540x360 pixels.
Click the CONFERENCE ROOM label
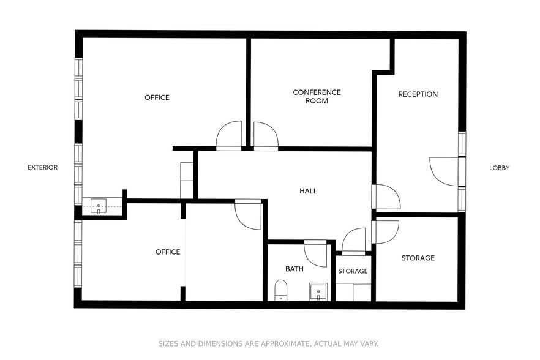pyautogui.click(x=317, y=97)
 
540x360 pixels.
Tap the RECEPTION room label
pyautogui.click(x=418, y=94)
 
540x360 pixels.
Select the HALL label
pyautogui.click(x=308, y=191)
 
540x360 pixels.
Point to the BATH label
pyautogui.click(x=294, y=269)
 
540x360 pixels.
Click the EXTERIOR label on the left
pyautogui.click(x=43, y=168)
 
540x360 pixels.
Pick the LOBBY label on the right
pyautogui.click(x=499, y=168)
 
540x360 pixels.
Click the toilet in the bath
pyautogui.click(x=280, y=290)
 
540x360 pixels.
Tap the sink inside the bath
pyautogui.click(x=318, y=291)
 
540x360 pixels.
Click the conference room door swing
pyautogui.click(x=265, y=135)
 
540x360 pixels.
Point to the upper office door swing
pyautogui.click(x=230, y=135)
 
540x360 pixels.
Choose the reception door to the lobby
pyautogui.click(x=443, y=171)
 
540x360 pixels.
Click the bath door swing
pyautogui.click(x=316, y=253)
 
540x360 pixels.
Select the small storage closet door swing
pyautogui.click(x=354, y=240)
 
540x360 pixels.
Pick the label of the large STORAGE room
pyautogui.click(x=418, y=258)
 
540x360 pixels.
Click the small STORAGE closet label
pyautogui.click(x=353, y=271)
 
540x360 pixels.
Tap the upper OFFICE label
pyautogui.click(x=157, y=98)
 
